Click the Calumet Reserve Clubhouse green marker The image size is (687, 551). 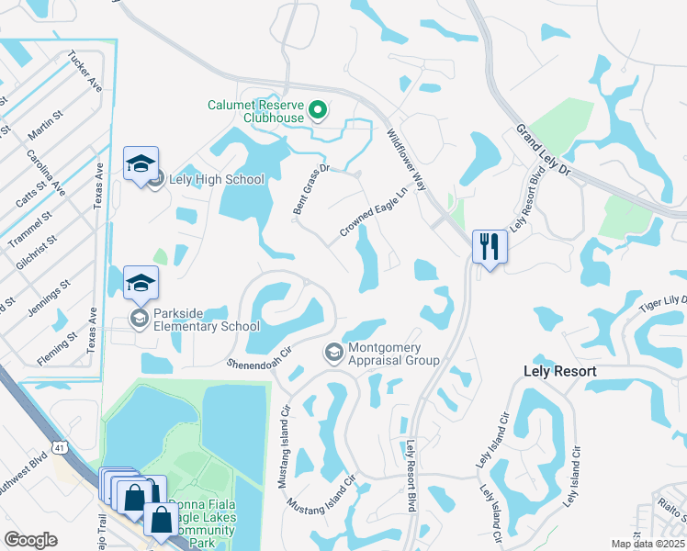click(x=318, y=111)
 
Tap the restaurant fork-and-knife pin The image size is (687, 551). click(x=489, y=245)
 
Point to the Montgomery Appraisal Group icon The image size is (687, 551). click(x=333, y=353)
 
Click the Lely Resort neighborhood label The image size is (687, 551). click(x=559, y=372)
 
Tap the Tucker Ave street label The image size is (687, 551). click(x=84, y=71)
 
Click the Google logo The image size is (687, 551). click(x=30, y=540)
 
